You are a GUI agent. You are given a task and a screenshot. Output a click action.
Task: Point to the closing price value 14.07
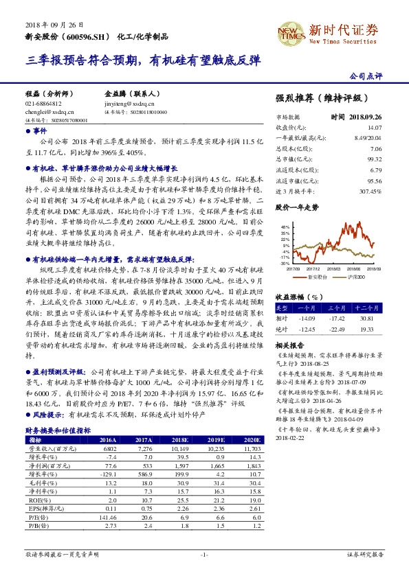point(374,127)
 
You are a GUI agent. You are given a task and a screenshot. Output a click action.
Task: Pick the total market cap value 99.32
point(374,157)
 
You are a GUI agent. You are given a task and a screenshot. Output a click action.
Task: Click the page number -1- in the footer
point(203,553)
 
